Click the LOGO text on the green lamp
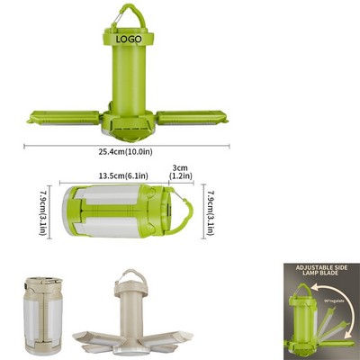tap(130, 41)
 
